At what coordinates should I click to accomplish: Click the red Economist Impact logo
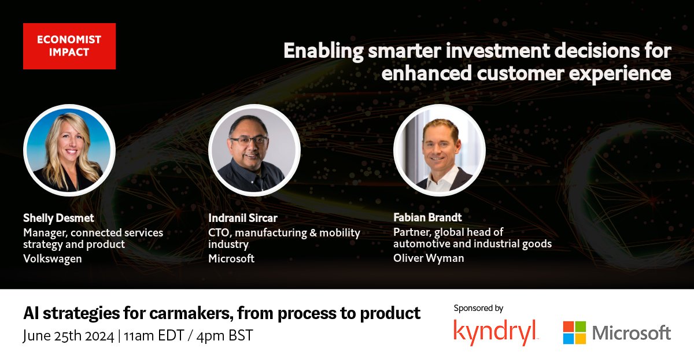69,46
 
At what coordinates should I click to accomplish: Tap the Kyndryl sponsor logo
496,332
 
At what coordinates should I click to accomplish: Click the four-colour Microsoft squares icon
574,333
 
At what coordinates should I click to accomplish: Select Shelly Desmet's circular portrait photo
69,150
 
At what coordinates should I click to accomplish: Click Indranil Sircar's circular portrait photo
254,150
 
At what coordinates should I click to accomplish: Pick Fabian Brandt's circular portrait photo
440,150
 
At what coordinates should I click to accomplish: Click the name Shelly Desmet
58,218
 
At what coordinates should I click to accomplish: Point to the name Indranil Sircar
243,218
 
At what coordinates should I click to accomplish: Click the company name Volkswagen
53,258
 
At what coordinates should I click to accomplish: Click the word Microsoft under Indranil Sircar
231,258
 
